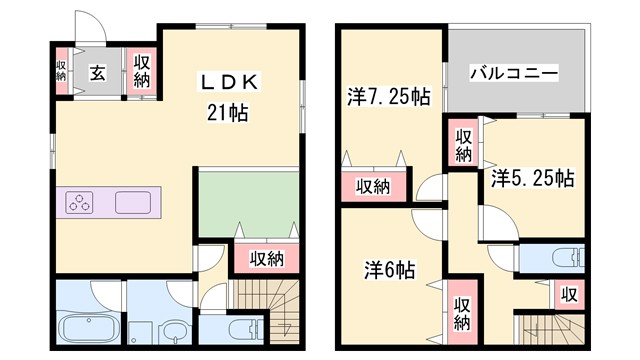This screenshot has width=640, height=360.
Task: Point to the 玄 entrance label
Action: [x=98, y=72]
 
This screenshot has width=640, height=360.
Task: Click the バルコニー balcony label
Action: [x=513, y=74]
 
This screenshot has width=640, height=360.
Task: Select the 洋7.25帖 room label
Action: [x=389, y=97]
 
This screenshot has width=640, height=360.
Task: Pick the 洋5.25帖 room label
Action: [x=532, y=179]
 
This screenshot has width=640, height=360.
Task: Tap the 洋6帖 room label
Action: [x=389, y=269]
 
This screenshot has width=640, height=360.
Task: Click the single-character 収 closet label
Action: [x=569, y=295]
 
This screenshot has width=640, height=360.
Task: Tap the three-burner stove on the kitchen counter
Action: [x=81, y=201]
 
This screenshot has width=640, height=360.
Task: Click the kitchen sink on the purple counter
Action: [x=136, y=201]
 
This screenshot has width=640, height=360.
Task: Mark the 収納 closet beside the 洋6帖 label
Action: [x=461, y=314]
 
